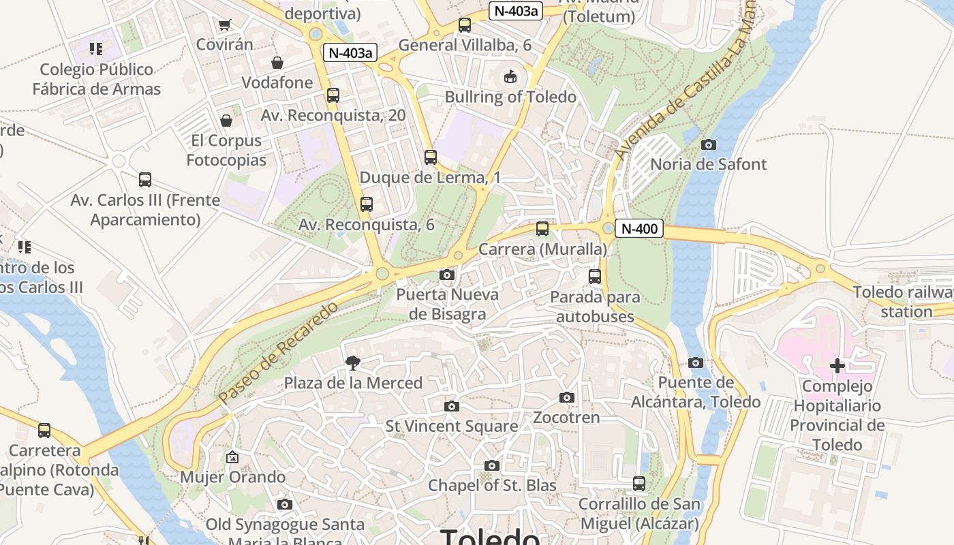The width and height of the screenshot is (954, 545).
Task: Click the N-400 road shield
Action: (640, 228)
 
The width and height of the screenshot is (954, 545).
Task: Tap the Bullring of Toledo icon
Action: (510, 76)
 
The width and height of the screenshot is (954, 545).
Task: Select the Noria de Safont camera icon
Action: (709, 144)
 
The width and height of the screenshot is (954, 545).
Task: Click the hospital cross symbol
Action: (837, 366)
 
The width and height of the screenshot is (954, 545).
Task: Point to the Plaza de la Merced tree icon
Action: (353, 362)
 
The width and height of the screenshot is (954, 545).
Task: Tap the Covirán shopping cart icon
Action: (224, 25)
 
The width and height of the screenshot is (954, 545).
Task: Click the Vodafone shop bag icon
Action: (277, 63)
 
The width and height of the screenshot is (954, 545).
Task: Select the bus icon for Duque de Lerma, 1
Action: (430, 157)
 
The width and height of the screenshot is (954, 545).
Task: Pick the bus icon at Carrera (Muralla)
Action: (542, 229)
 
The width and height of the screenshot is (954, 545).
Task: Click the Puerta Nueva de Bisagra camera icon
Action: (447, 275)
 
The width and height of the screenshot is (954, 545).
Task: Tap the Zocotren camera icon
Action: (566, 397)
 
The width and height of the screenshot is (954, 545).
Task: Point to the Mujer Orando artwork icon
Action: (232, 456)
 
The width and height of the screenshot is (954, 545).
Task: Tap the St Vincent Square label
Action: (452, 426)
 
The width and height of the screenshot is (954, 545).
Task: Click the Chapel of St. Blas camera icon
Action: (491, 465)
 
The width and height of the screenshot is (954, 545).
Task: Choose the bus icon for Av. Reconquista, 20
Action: (333, 95)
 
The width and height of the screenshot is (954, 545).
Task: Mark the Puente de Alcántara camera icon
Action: (696, 362)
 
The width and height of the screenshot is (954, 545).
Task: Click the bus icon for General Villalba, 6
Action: (465, 25)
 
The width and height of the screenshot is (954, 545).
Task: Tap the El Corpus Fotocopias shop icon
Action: (226, 121)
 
